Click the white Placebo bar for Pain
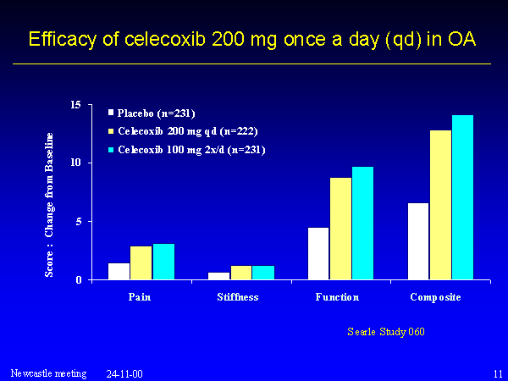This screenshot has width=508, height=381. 119,271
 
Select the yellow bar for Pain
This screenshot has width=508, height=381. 141,262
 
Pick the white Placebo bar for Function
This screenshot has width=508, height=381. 318,253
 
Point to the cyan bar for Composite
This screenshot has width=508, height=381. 462,197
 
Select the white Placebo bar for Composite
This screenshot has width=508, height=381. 418,241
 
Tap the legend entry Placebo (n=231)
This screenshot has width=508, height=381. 156,112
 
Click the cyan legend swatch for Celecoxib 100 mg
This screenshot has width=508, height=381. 111,149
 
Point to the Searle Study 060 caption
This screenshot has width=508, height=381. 387,330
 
